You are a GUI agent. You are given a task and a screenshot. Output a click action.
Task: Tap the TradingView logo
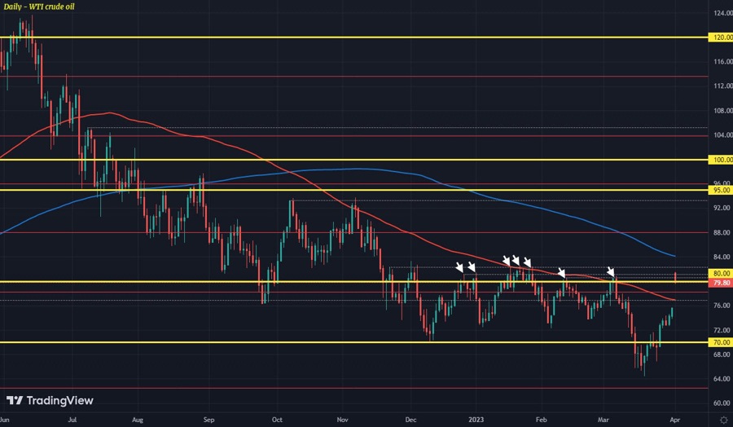[x=50, y=400]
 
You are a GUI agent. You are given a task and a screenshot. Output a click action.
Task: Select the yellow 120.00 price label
[x=721, y=37]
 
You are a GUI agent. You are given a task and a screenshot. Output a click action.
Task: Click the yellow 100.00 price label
[x=721, y=160]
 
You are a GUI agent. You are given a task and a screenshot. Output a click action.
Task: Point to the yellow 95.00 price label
[x=721, y=190]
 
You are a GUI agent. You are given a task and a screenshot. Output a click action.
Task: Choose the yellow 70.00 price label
[x=721, y=343]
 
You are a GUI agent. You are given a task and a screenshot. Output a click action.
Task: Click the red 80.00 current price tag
[x=721, y=274]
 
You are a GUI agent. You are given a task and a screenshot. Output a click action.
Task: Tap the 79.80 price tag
[x=721, y=283]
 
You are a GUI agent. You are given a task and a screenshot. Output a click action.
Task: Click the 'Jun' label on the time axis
[x=6, y=419]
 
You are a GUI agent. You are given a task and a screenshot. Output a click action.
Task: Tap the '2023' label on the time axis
[x=477, y=419]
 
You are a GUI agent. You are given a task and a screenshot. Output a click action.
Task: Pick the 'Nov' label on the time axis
[x=343, y=419]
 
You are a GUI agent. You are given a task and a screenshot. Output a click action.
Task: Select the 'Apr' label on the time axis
[x=676, y=419]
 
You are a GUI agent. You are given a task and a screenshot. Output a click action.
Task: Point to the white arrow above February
[x=561, y=272]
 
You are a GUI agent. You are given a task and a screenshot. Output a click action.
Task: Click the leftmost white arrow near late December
[x=460, y=266]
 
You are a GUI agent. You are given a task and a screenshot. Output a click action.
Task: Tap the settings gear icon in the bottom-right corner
[x=721, y=419]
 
